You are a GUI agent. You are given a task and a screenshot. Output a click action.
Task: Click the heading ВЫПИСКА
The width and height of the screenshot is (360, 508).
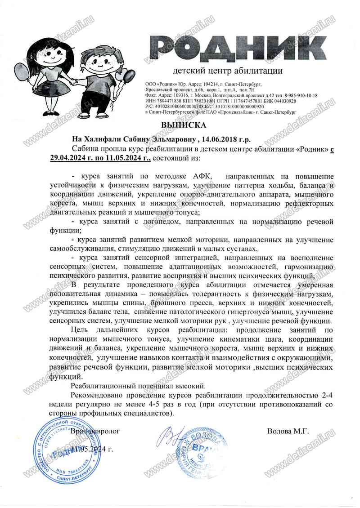pyautogui.click(x=180, y=125)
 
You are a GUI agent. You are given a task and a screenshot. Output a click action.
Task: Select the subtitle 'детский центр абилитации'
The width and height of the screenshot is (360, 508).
pyautogui.click(x=228, y=71)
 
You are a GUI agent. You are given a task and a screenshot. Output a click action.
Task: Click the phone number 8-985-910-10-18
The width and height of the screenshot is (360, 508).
pyautogui.click(x=299, y=96)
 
